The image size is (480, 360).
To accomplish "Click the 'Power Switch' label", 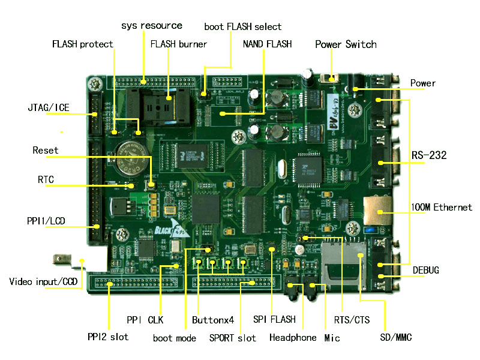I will click(346, 44).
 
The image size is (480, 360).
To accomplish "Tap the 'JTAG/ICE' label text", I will click(49, 108).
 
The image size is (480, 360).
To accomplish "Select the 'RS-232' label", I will click(429, 155).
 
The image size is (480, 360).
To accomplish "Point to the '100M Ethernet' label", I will click(442, 208).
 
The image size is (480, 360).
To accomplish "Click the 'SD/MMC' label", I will click(396, 338).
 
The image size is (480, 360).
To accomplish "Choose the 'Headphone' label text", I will click(293, 338).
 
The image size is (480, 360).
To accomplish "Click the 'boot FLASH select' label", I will click(242, 27).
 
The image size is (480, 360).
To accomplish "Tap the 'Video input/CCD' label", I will click(43, 281).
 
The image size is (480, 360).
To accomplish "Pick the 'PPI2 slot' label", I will click(108, 337).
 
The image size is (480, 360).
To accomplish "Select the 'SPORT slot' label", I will click(232, 338).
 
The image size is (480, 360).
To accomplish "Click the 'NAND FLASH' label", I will click(267, 44).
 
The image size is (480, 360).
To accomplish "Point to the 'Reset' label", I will click(46, 150).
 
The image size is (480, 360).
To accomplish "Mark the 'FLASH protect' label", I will click(83, 44).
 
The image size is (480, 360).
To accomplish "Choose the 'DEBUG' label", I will click(426, 271).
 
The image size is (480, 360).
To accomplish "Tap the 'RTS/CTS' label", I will click(352, 320).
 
